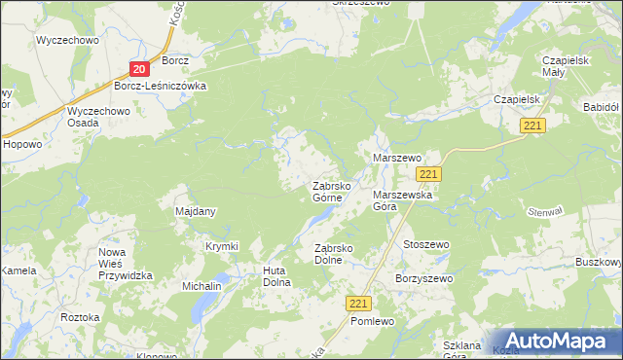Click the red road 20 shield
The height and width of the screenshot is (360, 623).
pos(139,69)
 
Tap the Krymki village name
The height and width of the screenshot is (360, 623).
pos(222,246)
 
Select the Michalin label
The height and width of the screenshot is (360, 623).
pos(202,287)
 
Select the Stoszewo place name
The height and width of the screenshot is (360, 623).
pos(425,244)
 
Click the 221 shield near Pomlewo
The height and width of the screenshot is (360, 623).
pos(358,304)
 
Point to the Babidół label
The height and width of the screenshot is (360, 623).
pos(600,107)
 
